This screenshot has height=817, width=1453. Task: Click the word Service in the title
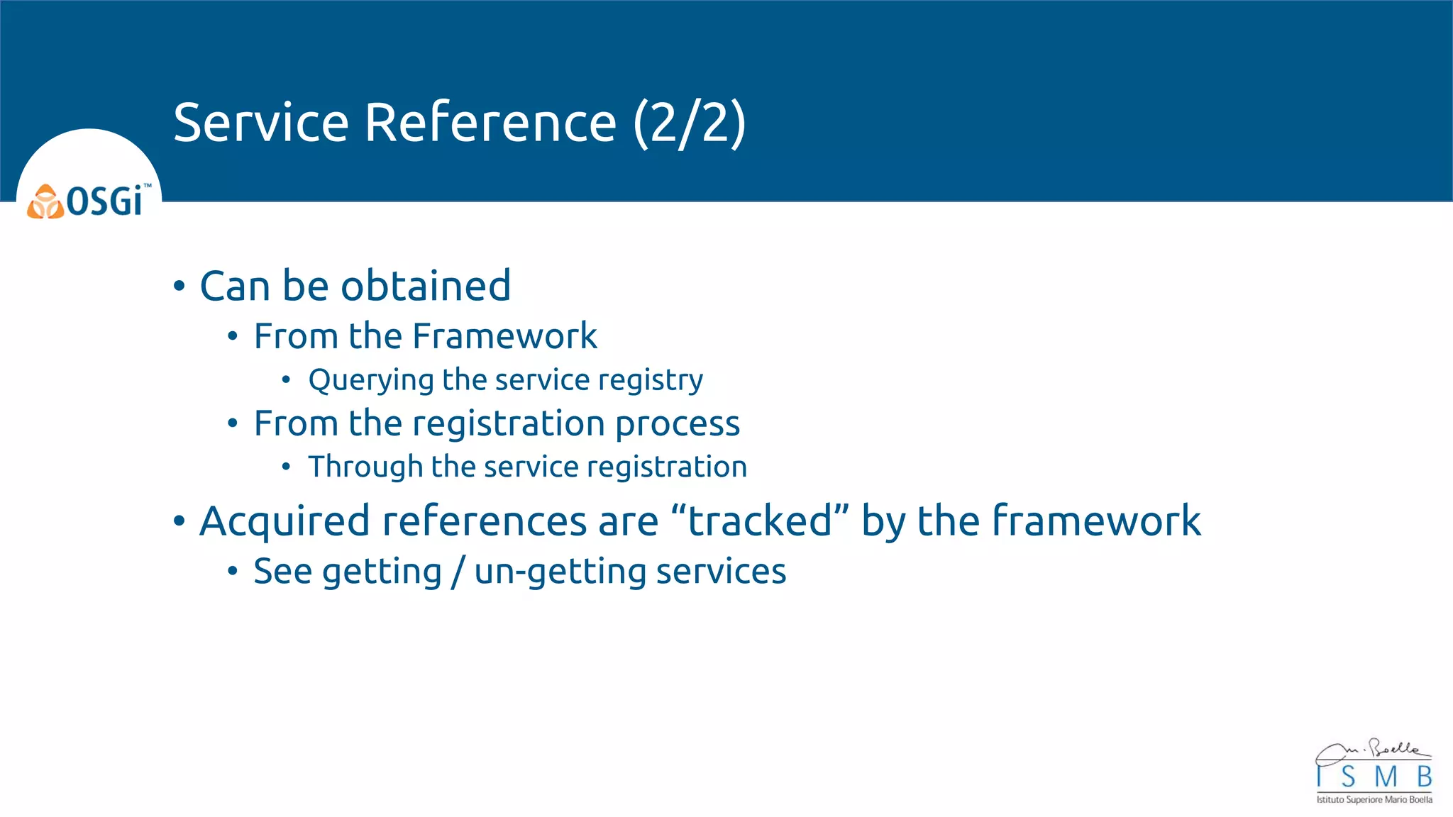coord(260,123)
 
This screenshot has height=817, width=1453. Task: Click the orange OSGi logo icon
coord(45,202)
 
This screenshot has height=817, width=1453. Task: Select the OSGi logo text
coord(105,201)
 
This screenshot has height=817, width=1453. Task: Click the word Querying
coord(371,381)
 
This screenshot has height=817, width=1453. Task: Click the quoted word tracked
coord(760,521)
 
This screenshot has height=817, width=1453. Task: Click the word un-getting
coord(560,572)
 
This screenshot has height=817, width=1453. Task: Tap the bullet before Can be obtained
coord(179,287)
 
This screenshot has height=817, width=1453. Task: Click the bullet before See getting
coord(233,571)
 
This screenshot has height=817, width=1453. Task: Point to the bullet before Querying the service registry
coord(286,380)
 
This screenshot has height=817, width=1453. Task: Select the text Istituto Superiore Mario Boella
coord(1374,800)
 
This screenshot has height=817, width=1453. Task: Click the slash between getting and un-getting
coord(458,572)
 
